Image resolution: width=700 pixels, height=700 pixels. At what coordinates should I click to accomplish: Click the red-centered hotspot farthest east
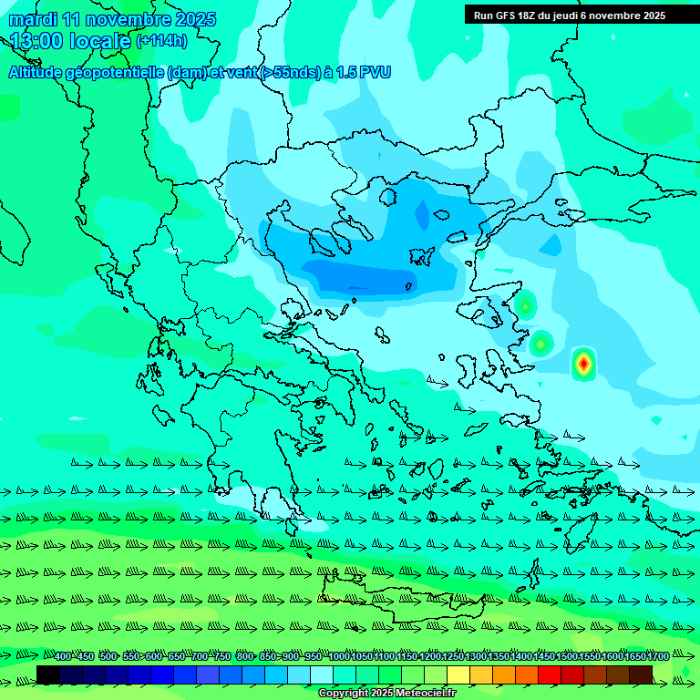coord(583,364)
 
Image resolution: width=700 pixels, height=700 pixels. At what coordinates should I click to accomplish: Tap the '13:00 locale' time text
coord(70,41)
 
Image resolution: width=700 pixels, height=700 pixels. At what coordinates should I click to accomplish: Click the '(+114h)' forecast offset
coord(161,41)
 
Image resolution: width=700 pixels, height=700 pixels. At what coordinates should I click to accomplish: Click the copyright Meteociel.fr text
coord(387,694)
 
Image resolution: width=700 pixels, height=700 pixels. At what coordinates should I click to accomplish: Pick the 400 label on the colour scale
coord(63,657)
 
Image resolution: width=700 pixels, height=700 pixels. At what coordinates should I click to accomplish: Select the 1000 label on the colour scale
coord(339,657)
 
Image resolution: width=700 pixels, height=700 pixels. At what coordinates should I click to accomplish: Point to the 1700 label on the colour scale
coord(657,657)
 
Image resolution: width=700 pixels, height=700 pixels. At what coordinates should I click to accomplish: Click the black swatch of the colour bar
coord(48,674)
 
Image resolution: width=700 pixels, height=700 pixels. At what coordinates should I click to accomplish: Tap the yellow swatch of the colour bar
coord(459,674)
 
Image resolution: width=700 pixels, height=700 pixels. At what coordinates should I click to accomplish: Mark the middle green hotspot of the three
coord(541,344)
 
